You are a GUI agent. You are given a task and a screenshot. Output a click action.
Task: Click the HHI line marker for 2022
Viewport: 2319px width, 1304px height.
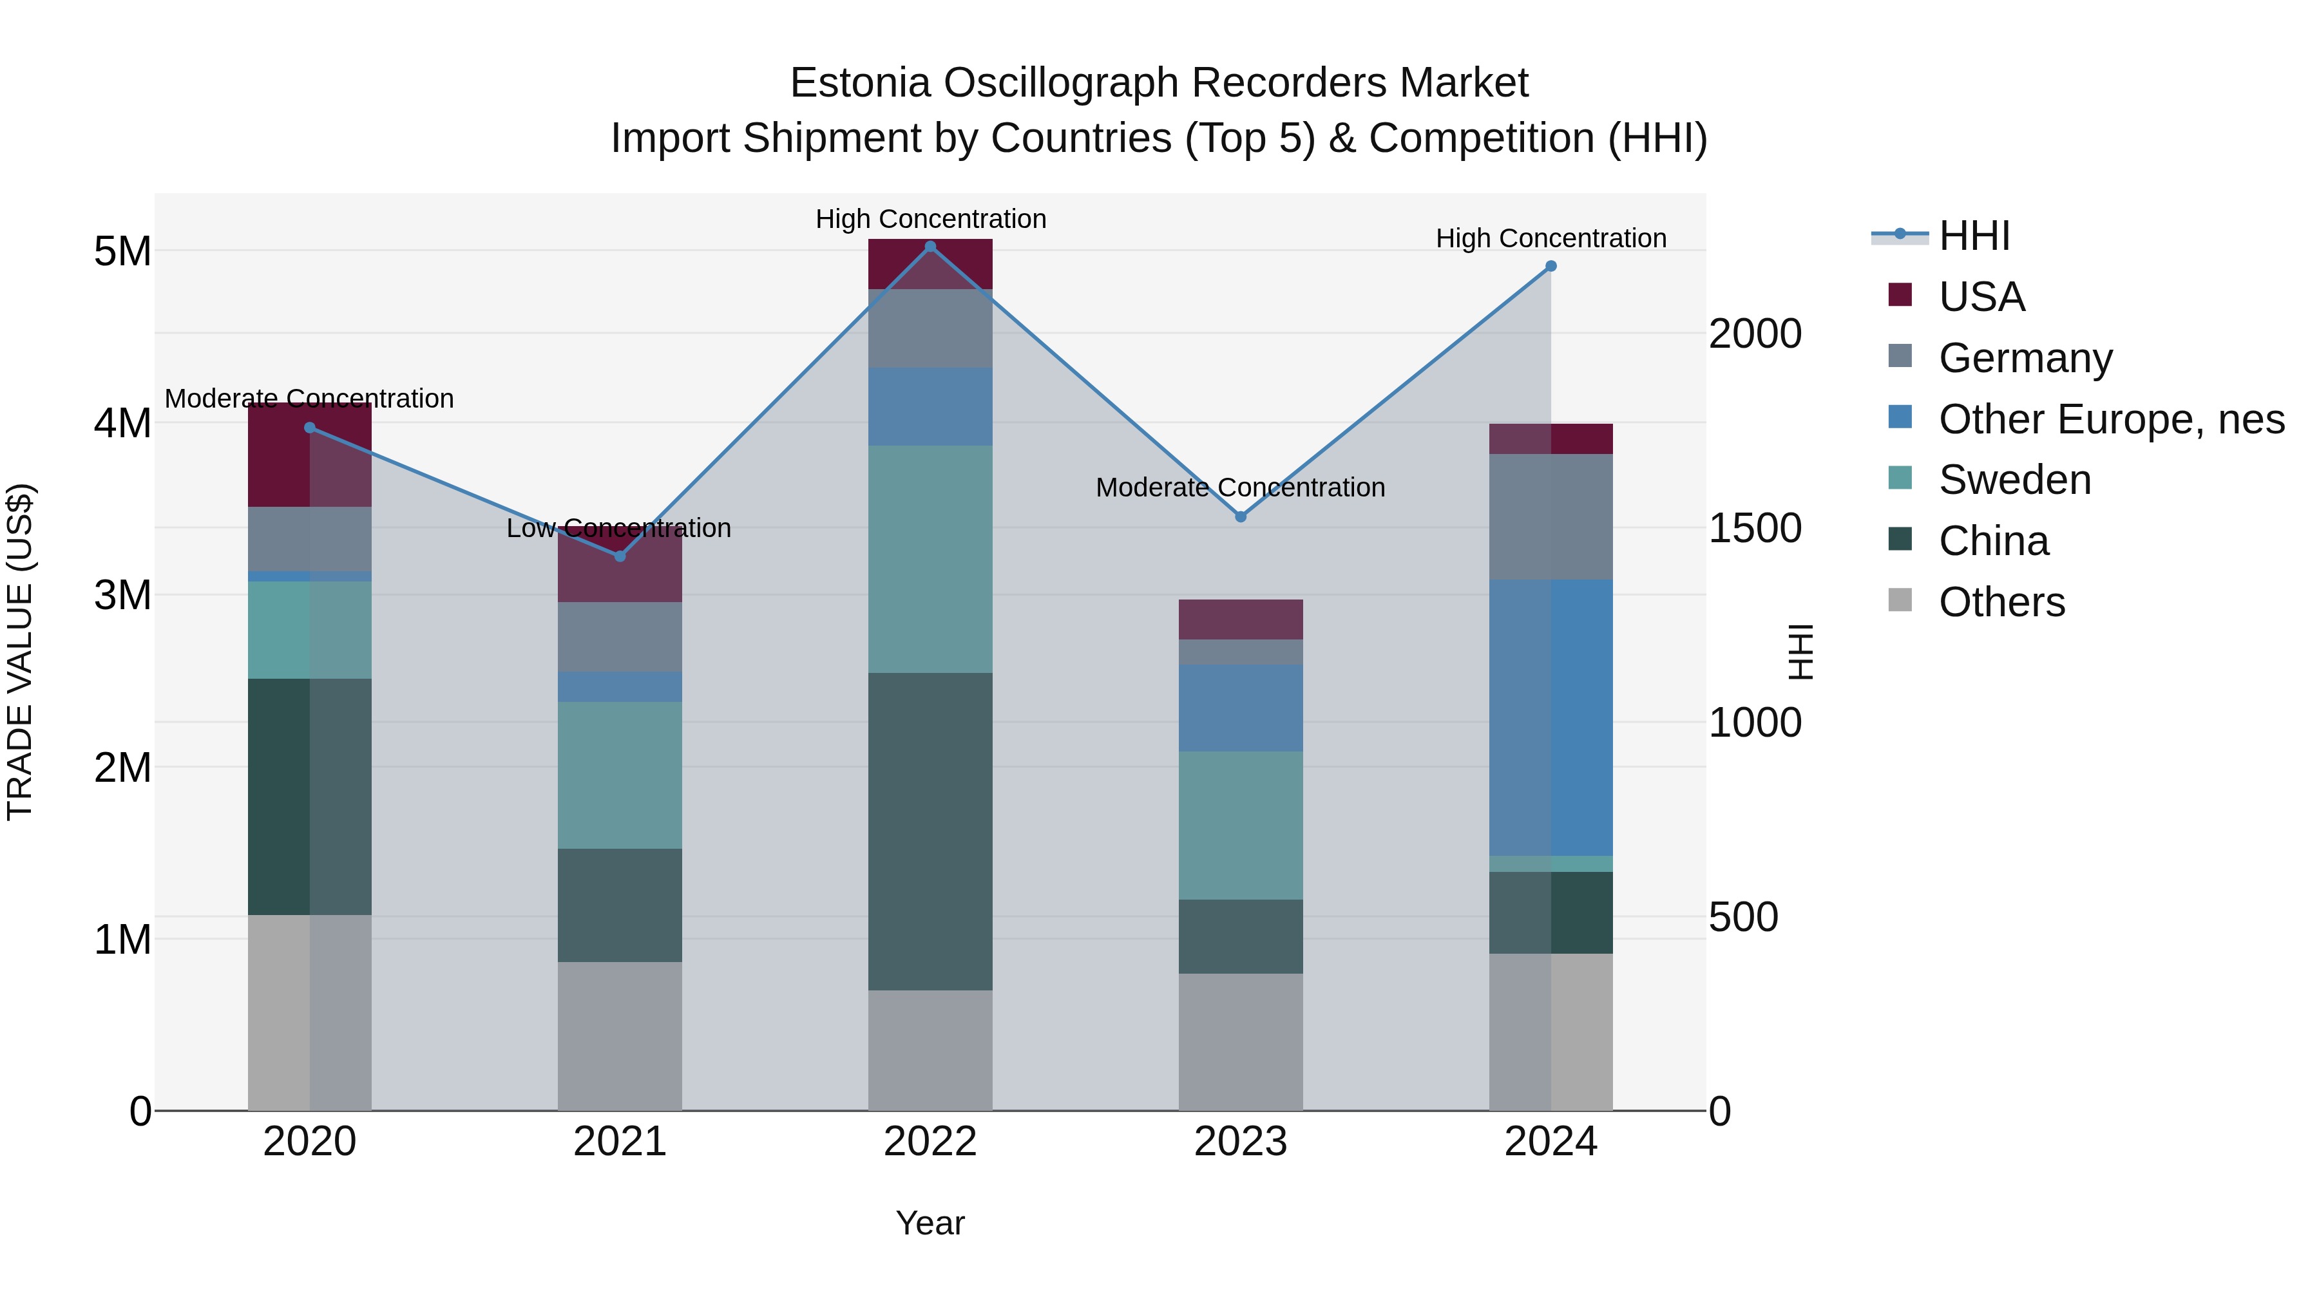[x=930, y=246]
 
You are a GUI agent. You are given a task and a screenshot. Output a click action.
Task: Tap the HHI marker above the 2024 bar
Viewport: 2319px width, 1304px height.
[x=1551, y=267]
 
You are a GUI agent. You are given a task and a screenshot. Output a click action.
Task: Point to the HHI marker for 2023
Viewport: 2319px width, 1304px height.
[x=1241, y=516]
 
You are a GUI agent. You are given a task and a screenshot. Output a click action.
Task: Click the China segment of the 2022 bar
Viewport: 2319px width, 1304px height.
[x=930, y=831]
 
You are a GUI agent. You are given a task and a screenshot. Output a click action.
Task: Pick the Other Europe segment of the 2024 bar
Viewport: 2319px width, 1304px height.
[x=1551, y=717]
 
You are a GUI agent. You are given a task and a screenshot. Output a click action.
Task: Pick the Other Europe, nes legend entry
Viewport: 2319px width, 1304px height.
[x=2110, y=419]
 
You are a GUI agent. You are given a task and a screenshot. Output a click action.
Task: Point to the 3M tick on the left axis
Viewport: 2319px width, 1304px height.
[x=122, y=595]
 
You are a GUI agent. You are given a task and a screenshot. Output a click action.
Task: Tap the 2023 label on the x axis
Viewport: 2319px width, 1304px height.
[x=1241, y=1142]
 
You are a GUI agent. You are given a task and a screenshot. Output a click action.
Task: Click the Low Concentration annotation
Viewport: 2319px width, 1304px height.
[x=618, y=528]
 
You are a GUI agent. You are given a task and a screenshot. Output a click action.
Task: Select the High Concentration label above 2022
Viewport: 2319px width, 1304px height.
[x=930, y=219]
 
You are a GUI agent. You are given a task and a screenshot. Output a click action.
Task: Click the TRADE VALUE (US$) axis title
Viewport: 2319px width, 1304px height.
[x=20, y=652]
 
